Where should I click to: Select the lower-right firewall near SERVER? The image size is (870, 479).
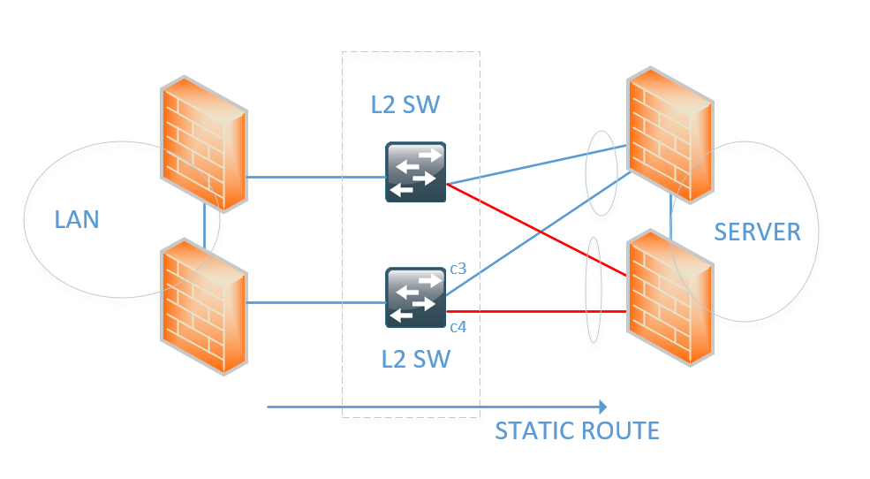(669, 296)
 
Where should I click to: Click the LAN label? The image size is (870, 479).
(77, 219)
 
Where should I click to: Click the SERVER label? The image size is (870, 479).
(757, 232)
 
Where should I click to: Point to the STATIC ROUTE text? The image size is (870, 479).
(577, 431)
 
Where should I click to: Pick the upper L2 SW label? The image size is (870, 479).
(405, 107)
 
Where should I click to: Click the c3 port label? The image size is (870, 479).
(458, 268)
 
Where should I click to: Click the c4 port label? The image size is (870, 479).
(458, 328)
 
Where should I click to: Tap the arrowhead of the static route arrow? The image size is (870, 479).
(601, 407)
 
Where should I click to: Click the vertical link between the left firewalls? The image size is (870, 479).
(205, 227)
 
